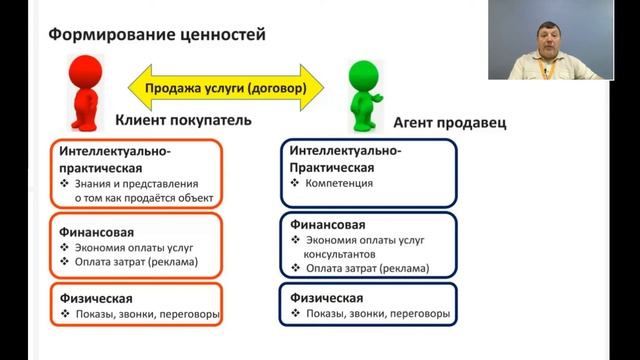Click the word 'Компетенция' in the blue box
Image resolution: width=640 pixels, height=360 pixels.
341,184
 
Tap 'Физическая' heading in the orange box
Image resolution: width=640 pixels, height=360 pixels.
90,298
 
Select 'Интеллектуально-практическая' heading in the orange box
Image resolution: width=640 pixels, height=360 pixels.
111,159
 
